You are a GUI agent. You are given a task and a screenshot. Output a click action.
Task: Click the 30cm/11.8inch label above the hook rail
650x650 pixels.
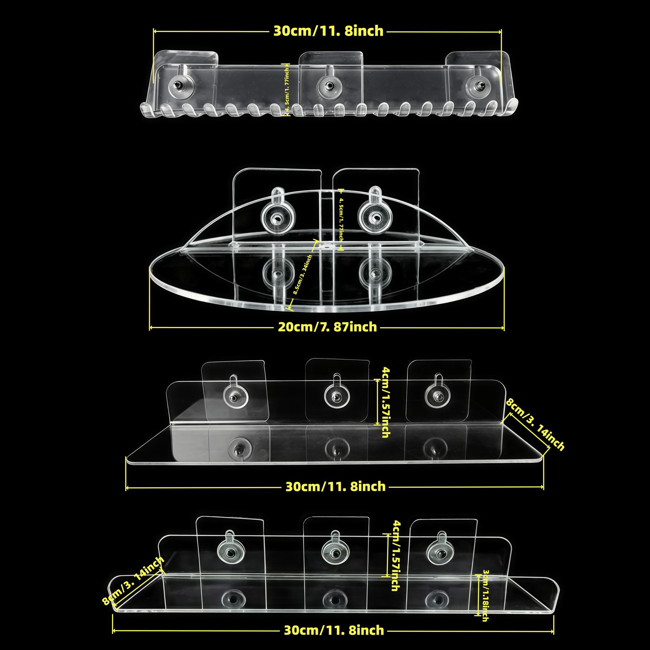(328, 31)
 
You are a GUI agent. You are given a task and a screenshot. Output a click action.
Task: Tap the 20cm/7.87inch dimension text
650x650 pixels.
(327, 327)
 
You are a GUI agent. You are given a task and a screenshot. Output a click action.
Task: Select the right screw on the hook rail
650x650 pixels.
(478, 86)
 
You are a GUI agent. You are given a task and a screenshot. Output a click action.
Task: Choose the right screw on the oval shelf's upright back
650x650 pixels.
(375, 216)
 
